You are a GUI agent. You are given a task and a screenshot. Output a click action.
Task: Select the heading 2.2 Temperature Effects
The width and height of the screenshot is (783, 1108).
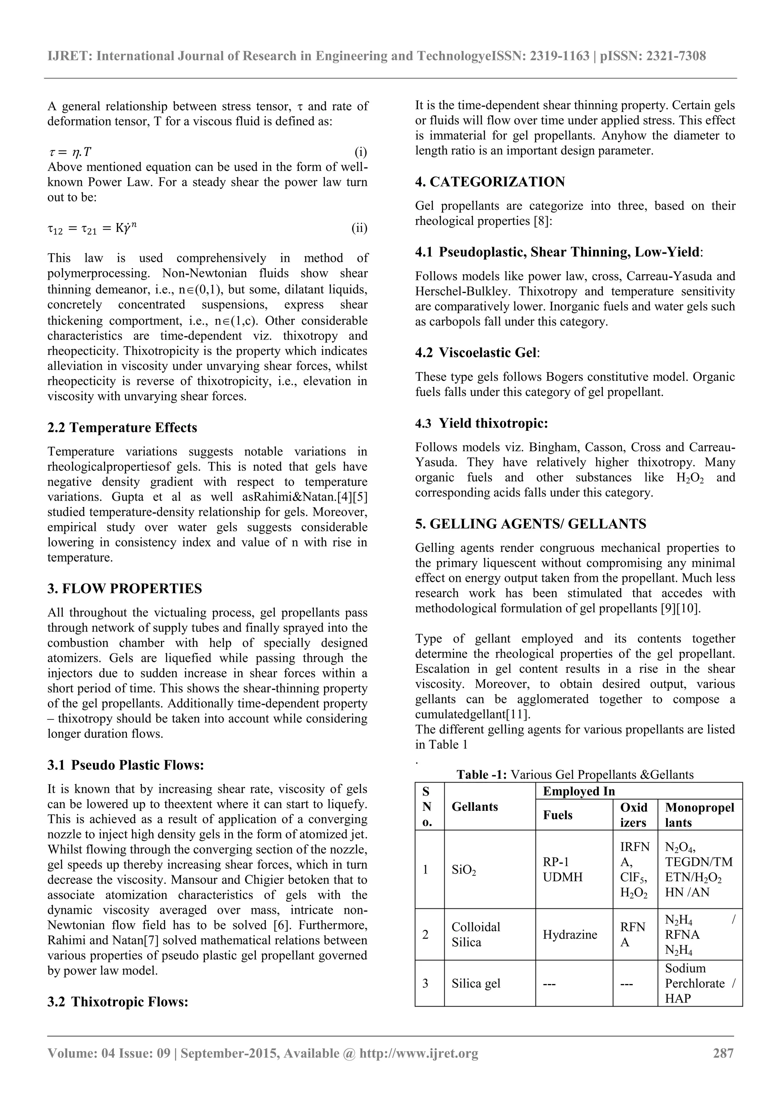tap(123, 428)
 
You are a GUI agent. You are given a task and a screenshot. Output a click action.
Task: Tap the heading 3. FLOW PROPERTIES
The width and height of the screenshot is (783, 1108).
tap(125, 588)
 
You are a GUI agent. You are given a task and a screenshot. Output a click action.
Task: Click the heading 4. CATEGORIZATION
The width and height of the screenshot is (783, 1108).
tap(490, 182)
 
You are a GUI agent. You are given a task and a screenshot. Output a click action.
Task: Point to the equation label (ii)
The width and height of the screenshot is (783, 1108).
tap(359, 228)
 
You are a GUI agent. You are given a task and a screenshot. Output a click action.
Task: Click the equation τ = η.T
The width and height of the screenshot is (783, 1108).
tap(70, 153)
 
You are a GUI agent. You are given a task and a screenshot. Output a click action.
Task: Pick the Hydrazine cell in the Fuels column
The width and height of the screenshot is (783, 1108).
tap(570, 934)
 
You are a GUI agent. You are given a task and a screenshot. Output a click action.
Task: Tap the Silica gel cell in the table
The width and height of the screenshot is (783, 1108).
tap(476, 983)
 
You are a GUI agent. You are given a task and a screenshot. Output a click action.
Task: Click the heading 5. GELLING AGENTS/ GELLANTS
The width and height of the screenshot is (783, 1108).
tap(531, 524)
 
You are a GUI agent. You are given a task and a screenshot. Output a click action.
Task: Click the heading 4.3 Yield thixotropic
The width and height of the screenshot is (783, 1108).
tap(481, 423)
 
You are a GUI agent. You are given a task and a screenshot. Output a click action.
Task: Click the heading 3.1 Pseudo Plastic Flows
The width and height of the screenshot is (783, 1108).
tap(125, 765)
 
